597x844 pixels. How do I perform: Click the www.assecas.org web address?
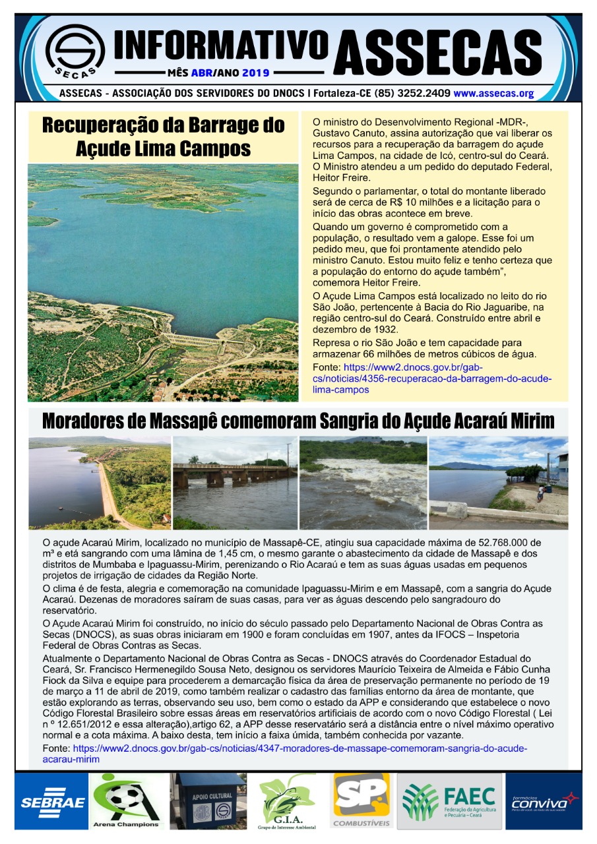coord(493,94)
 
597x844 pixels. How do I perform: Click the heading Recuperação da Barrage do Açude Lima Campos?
coord(163,136)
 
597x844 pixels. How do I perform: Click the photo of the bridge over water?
coord(235,483)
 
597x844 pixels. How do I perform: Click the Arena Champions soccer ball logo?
coord(127,800)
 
